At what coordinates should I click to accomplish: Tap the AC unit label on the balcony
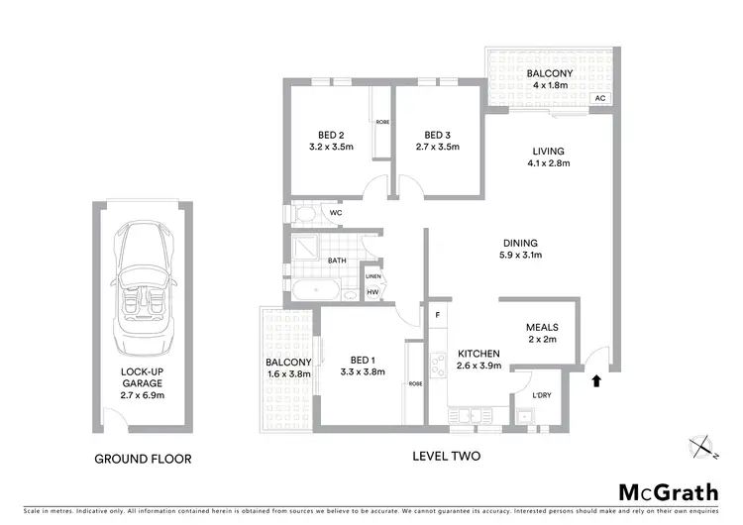[x=599, y=99]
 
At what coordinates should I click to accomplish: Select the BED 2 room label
[x=332, y=136]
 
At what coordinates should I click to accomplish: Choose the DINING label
[x=519, y=243]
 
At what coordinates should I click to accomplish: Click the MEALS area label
[x=542, y=328]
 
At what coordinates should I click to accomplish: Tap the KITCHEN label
[x=478, y=354]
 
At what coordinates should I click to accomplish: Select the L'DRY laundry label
[x=541, y=397]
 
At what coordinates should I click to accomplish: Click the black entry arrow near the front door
[x=596, y=379]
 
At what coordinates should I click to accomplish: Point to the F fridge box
[x=437, y=315]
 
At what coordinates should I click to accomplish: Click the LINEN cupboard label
[x=372, y=276]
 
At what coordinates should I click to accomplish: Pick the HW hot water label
[x=372, y=292]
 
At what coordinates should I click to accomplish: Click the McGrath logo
[x=664, y=492]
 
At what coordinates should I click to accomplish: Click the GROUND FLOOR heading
[x=143, y=459]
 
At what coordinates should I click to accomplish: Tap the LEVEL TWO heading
[x=447, y=457]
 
